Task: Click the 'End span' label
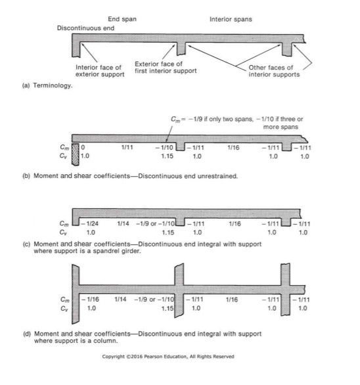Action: point(122,19)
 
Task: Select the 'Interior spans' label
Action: point(231,20)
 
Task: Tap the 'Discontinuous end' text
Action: point(85,28)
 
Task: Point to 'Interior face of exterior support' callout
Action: point(100,71)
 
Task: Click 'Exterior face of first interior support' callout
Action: point(166,68)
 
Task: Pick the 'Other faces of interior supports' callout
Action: point(274,71)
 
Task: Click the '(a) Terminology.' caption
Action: point(47,85)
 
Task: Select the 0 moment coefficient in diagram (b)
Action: point(83,147)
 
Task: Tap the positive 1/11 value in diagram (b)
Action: point(127,147)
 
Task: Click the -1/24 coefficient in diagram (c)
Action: point(90,223)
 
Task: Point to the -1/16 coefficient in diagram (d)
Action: point(91,300)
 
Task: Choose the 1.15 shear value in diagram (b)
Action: point(168,156)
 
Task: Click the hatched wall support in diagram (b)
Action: point(76,154)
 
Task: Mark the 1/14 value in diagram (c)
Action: point(123,223)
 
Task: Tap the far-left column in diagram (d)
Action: point(76,294)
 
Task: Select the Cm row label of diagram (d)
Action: point(65,300)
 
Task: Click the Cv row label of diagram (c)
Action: point(63,233)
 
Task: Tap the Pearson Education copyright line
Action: point(168,357)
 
